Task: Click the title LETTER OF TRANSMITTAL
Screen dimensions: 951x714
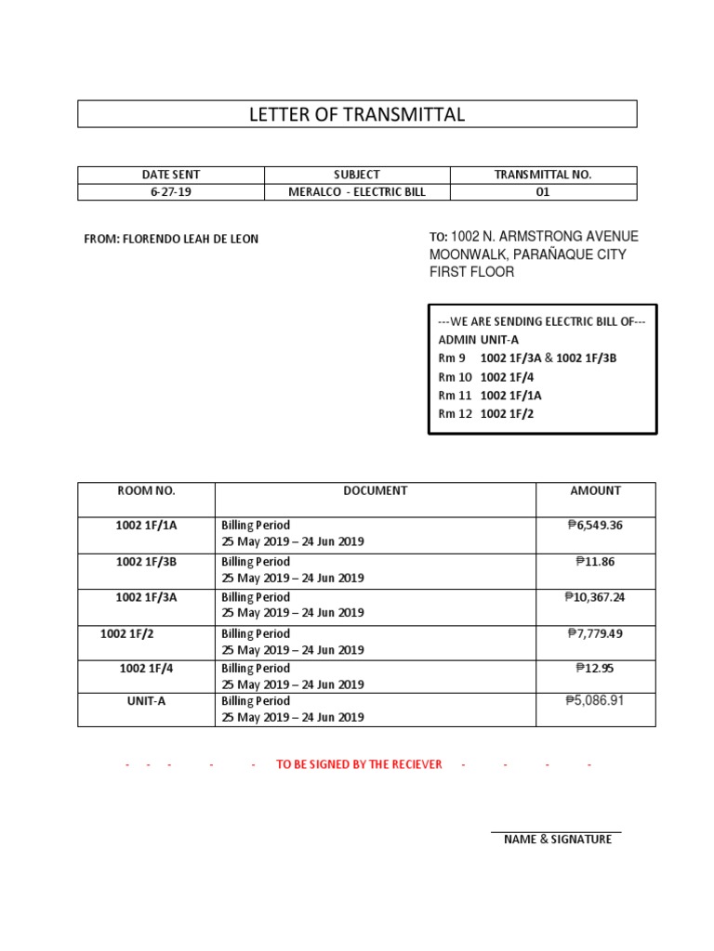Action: pyautogui.click(x=357, y=114)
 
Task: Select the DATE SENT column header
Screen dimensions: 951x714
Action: pyautogui.click(x=171, y=175)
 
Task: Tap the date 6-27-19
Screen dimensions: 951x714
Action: pyautogui.click(x=171, y=192)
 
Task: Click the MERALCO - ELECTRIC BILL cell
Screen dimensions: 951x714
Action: pyautogui.click(x=357, y=192)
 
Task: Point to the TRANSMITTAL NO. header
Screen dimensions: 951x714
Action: pyautogui.click(x=543, y=175)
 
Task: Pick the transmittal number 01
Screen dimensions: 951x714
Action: pyautogui.click(x=543, y=192)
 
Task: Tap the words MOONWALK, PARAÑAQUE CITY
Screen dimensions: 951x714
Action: pyautogui.click(x=527, y=254)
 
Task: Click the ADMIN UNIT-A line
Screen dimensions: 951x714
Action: pyautogui.click(x=478, y=340)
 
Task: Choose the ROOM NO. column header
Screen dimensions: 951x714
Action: pyautogui.click(x=146, y=490)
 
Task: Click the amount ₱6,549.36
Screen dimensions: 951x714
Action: pyautogui.click(x=595, y=526)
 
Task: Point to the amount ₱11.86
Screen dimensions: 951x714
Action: pyautogui.click(x=595, y=561)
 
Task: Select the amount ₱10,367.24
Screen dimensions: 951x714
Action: pyautogui.click(x=595, y=597)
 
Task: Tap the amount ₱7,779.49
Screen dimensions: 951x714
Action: pyautogui.click(x=595, y=633)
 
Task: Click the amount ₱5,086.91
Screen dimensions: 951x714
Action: pyautogui.click(x=595, y=700)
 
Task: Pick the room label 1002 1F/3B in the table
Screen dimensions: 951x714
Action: pyautogui.click(x=146, y=561)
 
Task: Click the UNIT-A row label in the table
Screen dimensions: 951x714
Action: pyautogui.click(x=146, y=701)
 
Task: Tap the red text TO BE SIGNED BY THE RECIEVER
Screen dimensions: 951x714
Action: pyautogui.click(x=359, y=764)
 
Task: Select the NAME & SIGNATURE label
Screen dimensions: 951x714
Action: pyautogui.click(x=557, y=840)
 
